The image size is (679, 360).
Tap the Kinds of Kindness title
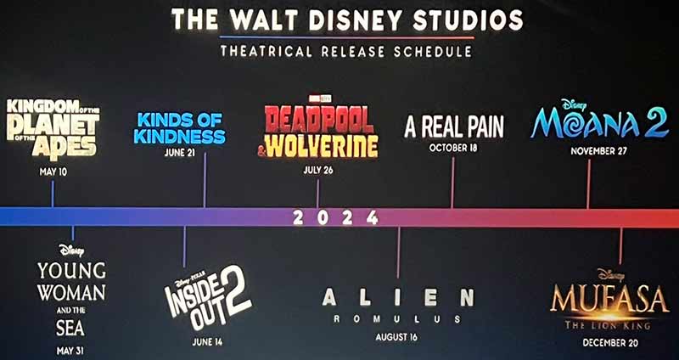180,127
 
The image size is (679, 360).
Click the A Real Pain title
453,127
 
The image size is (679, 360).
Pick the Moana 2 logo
599,122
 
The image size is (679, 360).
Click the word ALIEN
397,297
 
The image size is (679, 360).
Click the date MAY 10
53,172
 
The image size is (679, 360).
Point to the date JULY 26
317,170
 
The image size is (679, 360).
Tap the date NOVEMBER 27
599,150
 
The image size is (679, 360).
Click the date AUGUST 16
396,337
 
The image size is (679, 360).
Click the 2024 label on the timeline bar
335,218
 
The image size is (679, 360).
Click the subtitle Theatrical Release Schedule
345,52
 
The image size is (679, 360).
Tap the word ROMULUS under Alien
397,319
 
